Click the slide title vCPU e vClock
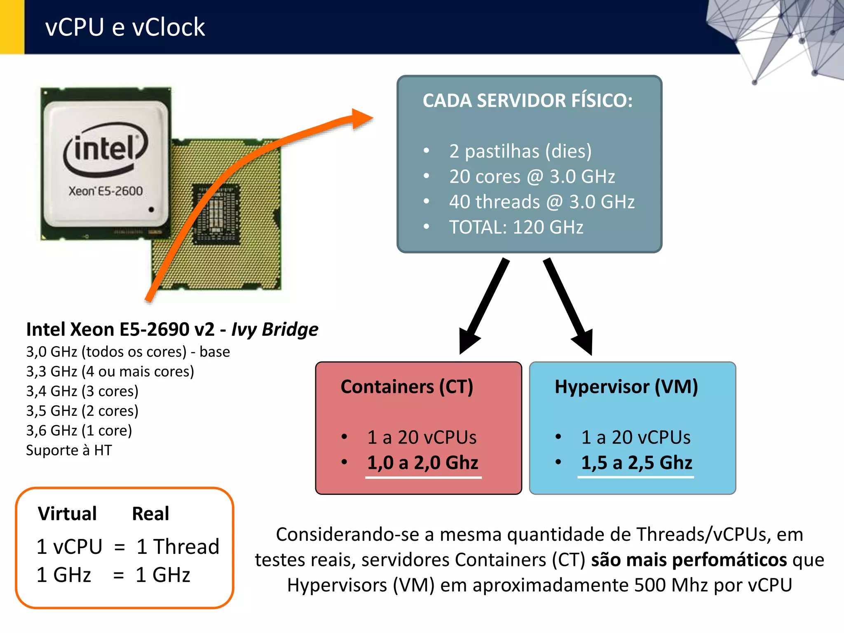[x=125, y=27]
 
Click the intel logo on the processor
[x=105, y=149]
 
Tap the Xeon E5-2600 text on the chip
[x=105, y=191]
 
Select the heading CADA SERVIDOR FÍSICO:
[x=527, y=101]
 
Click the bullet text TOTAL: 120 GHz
[x=516, y=227]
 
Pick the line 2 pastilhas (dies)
[x=520, y=151]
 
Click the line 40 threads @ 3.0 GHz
[x=542, y=202]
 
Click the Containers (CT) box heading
[x=407, y=387]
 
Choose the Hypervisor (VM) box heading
[x=626, y=387]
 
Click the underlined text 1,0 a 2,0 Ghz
[x=422, y=463]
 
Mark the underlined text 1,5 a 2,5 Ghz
[x=636, y=463]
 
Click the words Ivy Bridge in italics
[x=274, y=329]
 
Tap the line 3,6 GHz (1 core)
[x=79, y=431]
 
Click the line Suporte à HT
[x=69, y=450]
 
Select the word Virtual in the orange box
[x=67, y=514]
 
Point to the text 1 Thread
[x=178, y=547]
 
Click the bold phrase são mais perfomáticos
[x=689, y=560]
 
